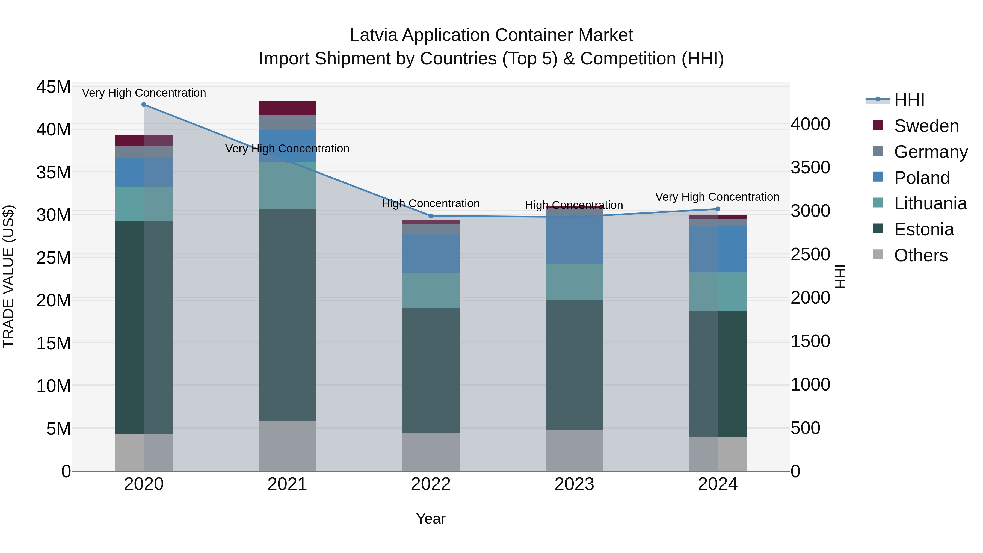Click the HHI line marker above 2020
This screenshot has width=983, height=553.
[x=144, y=105]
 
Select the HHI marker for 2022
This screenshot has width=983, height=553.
[x=431, y=216]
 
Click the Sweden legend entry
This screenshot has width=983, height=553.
[x=926, y=126]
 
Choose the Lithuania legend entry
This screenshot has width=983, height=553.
[x=930, y=204]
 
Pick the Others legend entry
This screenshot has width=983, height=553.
[x=921, y=255]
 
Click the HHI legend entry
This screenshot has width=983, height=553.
[x=909, y=100]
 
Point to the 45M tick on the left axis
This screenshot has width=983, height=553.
[x=54, y=87]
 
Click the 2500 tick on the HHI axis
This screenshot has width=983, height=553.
[x=810, y=255]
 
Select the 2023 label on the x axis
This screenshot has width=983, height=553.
[x=574, y=484]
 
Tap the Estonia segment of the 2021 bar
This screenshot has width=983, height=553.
[x=287, y=315]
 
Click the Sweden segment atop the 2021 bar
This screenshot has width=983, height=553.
[x=287, y=108]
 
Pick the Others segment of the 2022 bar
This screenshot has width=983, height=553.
[x=431, y=452]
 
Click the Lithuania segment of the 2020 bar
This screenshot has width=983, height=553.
[x=144, y=204]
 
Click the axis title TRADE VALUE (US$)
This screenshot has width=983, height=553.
[x=8, y=276]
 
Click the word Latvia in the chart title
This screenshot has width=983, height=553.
[x=374, y=35]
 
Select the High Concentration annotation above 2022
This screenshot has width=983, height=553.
[x=431, y=204]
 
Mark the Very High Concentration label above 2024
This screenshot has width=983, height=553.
[x=717, y=197]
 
